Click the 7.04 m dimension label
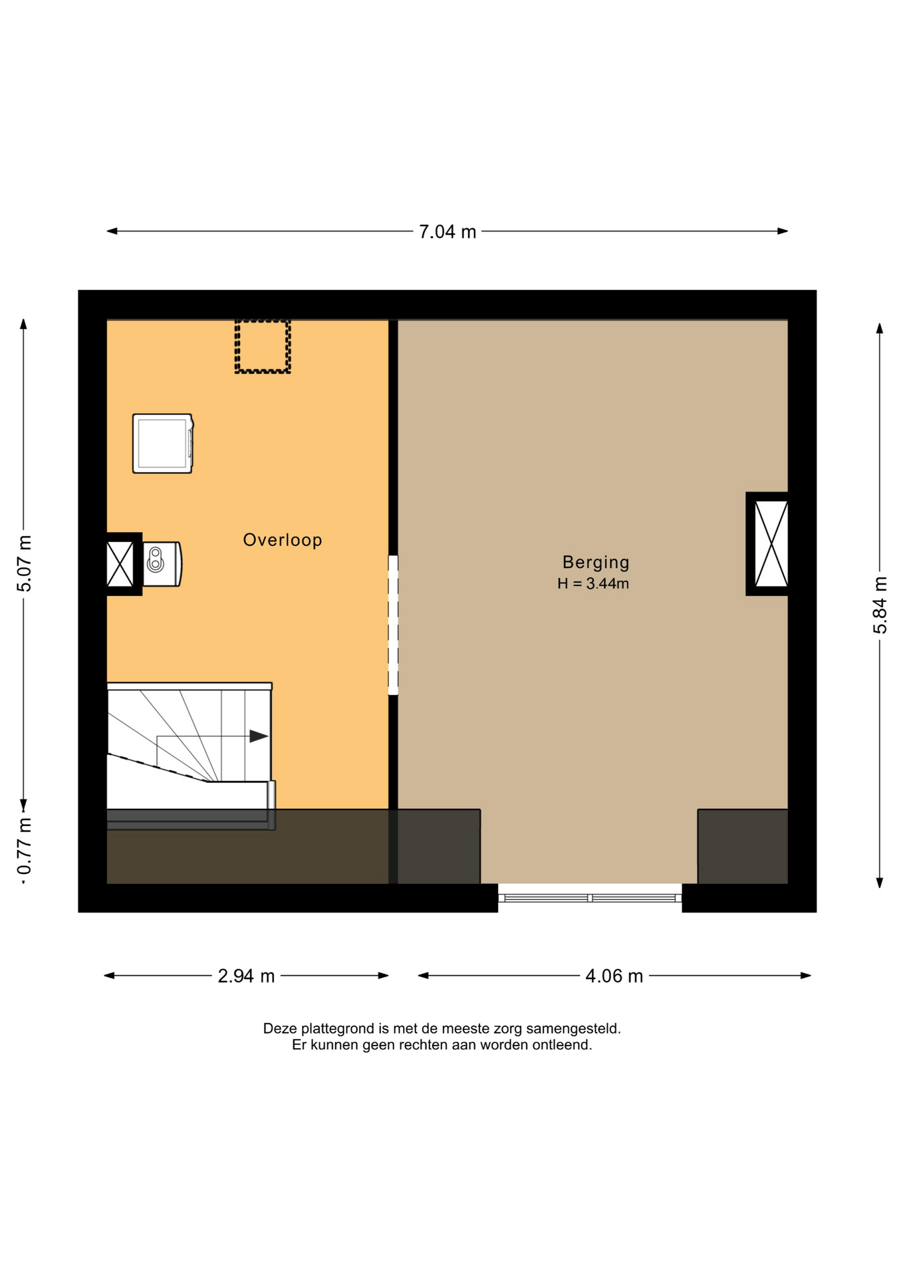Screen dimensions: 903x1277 (x=447, y=232)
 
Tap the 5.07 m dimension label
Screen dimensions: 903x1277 (x=25, y=563)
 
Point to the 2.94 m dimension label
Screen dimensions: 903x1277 (x=246, y=976)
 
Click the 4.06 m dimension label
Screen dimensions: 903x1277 (x=614, y=976)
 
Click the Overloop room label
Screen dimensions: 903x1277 (x=283, y=540)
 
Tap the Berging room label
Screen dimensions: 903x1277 (x=596, y=563)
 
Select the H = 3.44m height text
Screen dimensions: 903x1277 (x=593, y=583)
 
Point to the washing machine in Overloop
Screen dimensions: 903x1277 (x=163, y=444)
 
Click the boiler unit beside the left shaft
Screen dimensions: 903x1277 (x=162, y=564)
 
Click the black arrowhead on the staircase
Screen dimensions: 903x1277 (x=259, y=736)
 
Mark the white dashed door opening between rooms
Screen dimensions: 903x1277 (x=393, y=625)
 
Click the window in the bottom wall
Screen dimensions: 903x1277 (x=590, y=898)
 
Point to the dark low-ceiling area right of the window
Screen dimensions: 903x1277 (x=743, y=847)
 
